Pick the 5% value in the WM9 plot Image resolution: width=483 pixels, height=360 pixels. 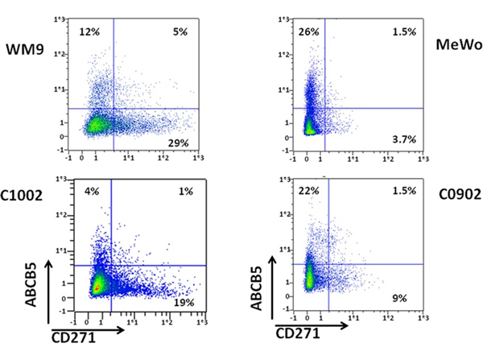tap(179, 31)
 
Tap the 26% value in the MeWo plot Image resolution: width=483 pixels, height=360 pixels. tap(307, 31)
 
